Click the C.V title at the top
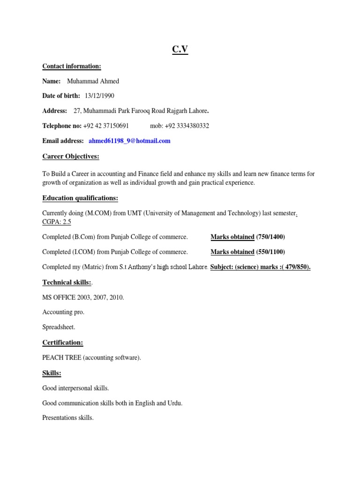coord(180,49)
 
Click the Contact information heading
coord(72,66)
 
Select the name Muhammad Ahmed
coord(93,81)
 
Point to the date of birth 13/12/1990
coord(99,96)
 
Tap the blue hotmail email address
coord(129,141)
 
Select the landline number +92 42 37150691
coord(106,126)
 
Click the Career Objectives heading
coord(71,156)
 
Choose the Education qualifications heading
coord(80,198)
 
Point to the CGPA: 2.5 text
coord(57,222)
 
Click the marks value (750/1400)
coord(270,237)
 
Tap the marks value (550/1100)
coord(270,252)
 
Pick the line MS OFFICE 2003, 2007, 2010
coord(83,297)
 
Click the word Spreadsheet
coord(59,327)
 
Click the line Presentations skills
coord(68,418)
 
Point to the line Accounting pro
coord(63,312)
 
